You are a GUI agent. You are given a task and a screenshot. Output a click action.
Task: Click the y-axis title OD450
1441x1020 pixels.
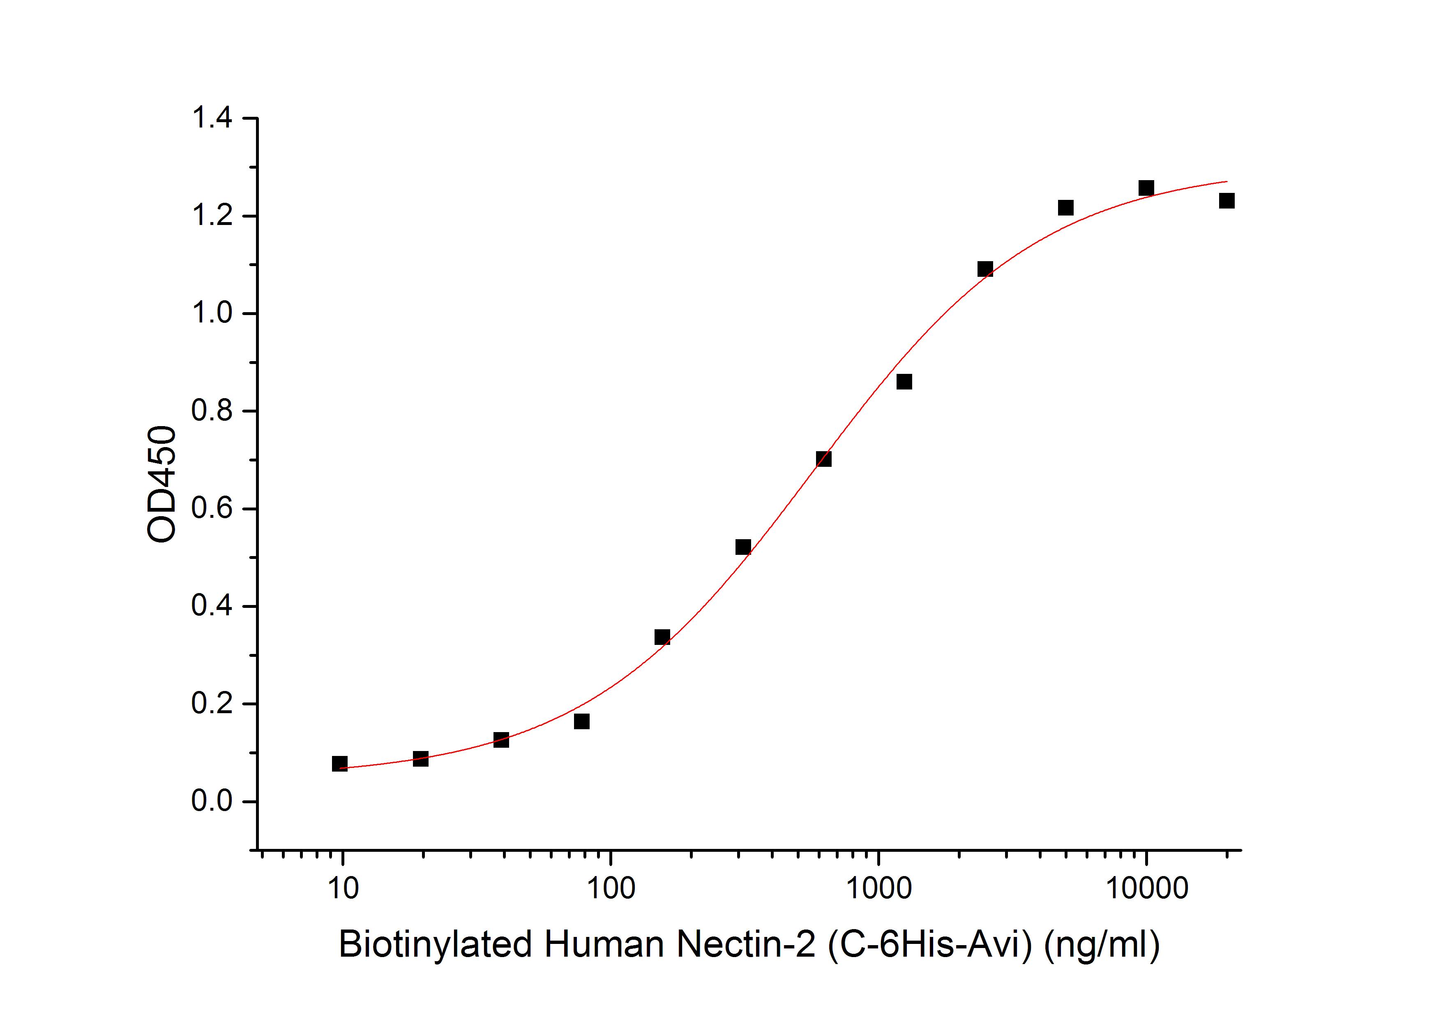click(x=162, y=484)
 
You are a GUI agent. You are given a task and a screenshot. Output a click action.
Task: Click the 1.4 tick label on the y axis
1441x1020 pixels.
click(x=212, y=118)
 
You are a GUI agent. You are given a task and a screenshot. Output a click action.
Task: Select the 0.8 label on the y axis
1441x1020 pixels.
click(x=212, y=411)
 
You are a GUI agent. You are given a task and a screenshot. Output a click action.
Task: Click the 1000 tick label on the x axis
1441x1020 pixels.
click(x=878, y=888)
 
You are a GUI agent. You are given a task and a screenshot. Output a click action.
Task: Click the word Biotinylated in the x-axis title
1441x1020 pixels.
click(x=435, y=944)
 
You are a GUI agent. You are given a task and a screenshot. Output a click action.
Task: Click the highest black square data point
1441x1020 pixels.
click(x=1146, y=188)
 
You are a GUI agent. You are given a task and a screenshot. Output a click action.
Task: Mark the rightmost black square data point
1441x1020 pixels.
click(x=1227, y=200)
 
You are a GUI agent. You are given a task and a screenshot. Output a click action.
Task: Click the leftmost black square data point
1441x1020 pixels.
click(x=339, y=763)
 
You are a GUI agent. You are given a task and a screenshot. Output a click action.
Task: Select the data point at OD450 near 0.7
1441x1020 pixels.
click(x=823, y=459)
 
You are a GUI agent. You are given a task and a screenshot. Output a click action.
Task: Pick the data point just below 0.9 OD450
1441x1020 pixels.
click(x=904, y=381)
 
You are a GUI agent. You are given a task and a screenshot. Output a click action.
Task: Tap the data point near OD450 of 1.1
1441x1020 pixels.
click(x=985, y=269)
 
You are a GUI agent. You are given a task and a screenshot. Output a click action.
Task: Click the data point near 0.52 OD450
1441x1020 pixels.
click(x=742, y=547)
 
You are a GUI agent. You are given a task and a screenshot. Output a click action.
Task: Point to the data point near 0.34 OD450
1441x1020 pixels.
click(x=662, y=637)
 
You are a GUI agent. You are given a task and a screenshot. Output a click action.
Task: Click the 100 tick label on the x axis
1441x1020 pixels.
click(x=611, y=888)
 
